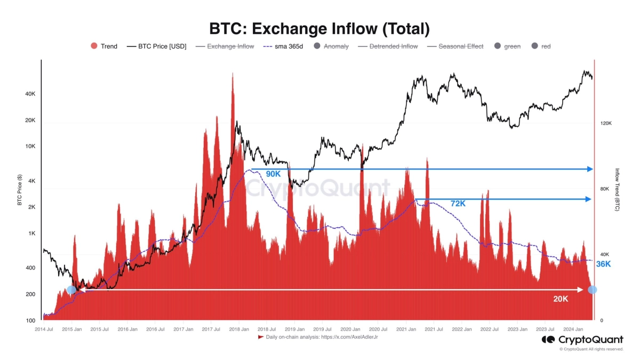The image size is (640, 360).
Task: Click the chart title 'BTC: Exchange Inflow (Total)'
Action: point(319,28)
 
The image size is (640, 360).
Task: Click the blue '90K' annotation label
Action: point(273,174)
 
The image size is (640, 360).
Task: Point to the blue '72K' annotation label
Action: point(458,204)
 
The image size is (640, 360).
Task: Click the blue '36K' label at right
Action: point(603,264)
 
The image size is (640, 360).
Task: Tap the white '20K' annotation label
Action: point(561,299)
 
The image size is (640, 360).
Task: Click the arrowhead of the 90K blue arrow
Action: point(590,169)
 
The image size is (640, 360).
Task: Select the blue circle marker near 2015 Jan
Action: point(71,290)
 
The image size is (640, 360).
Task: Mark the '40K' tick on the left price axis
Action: point(30,94)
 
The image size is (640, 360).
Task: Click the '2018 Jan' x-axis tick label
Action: point(238,329)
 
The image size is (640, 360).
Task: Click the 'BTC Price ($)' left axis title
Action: point(19,190)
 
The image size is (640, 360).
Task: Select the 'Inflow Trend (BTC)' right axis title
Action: point(617,190)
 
